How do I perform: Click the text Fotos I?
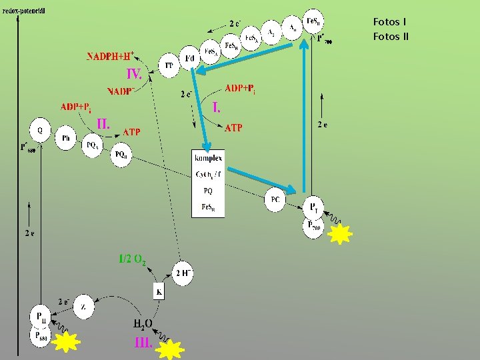[x=389, y=22]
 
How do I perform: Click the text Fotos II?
[x=391, y=36]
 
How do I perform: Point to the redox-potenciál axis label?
[x=29, y=9]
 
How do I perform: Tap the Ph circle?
[x=66, y=138]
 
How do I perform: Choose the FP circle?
[x=169, y=65]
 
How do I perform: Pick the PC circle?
[x=275, y=199]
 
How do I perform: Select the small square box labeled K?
[x=159, y=291]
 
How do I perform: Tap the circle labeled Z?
[x=83, y=307]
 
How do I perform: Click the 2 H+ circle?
[x=183, y=273]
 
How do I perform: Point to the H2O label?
[x=144, y=325]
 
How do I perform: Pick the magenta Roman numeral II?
[x=103, y=123]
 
